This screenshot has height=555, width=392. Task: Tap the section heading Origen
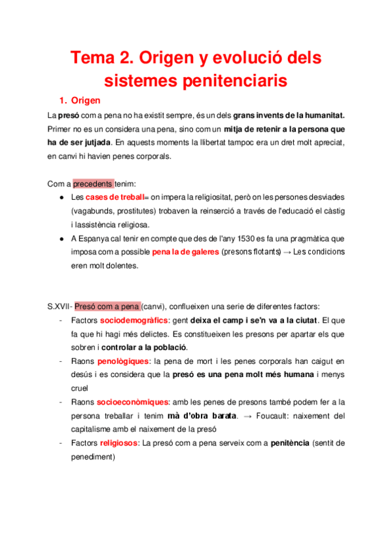click(85, 101)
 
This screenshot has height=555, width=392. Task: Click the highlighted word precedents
click(93, 183)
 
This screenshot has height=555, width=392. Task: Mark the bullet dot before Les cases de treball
click(61, 197)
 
